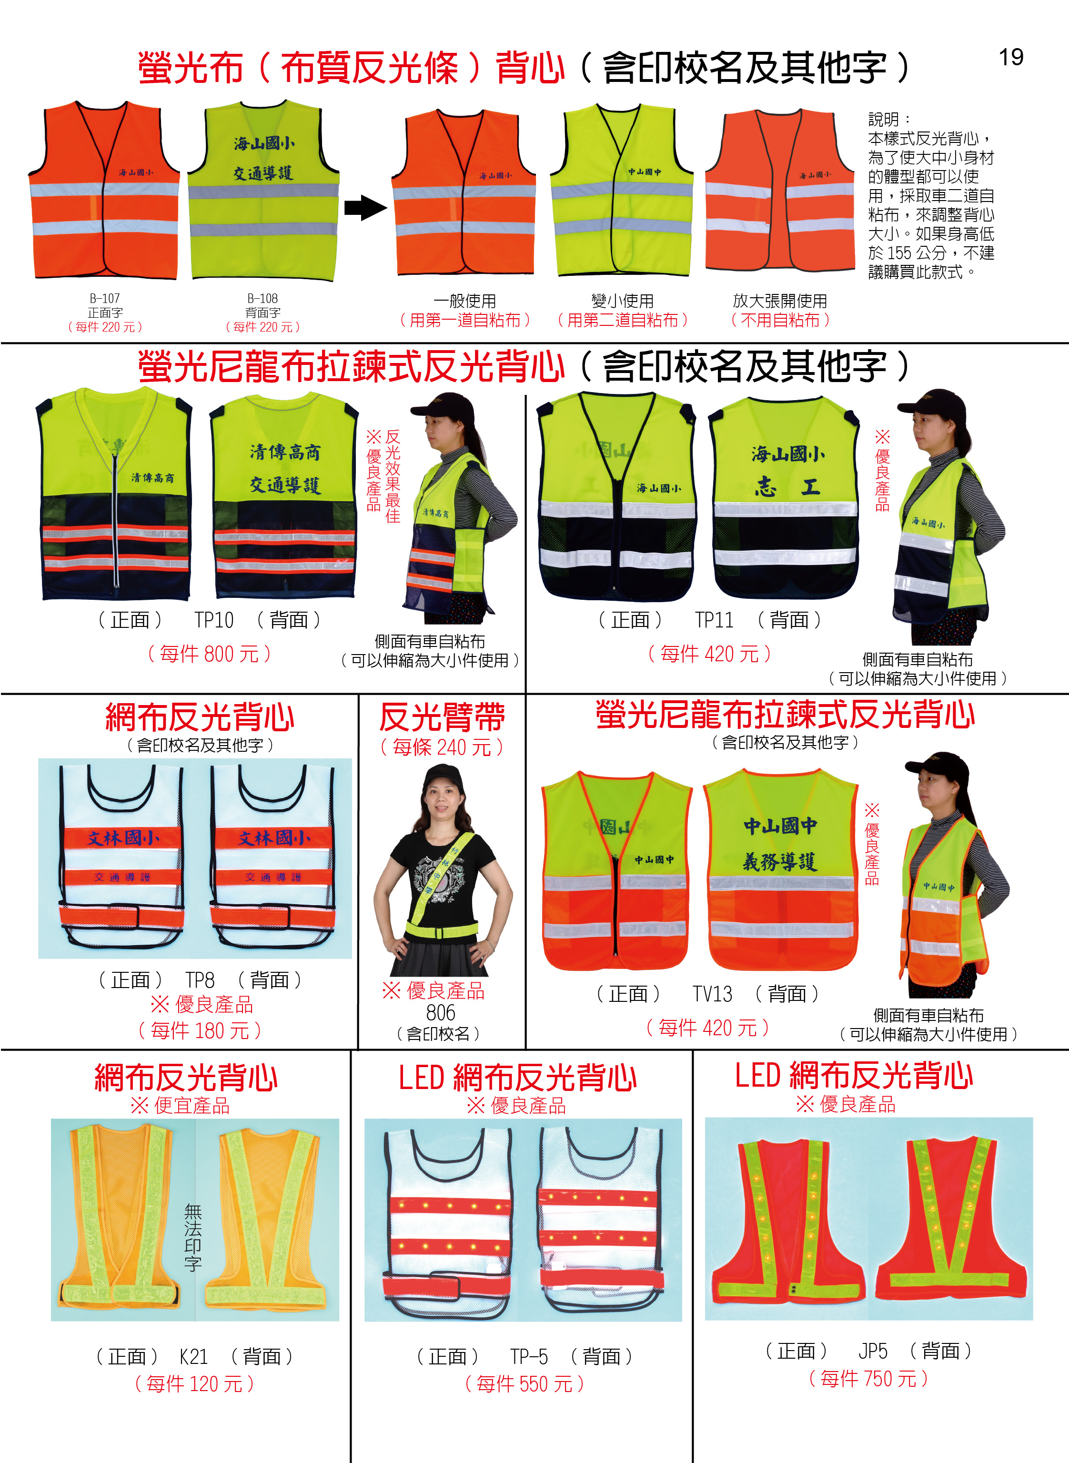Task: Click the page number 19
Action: click(1011, 57)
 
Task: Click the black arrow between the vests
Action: click(365, 208)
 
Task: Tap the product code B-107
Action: click(105, 298)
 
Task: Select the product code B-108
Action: click(262, 298)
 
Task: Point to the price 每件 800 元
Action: click(209, 654)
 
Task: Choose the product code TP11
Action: click(715, 620)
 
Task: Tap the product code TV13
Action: click(713, 993)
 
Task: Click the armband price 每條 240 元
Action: click(442, 747)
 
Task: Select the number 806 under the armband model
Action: click(441, 1013)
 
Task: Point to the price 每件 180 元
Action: click(200, 1030)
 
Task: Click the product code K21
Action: click(193, 1356)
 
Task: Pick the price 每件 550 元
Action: click(525, 1384)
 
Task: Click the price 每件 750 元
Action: click(868, 1379)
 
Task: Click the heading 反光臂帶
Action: click(442, 717)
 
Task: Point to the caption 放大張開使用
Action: click(780, 301)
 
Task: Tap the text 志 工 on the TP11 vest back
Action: click(787, 486)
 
